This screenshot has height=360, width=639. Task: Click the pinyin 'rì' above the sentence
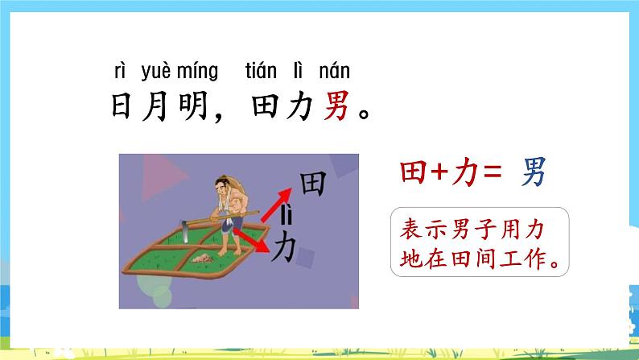[x=120, y=71]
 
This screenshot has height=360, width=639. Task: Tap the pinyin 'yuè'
[x=155, y=71]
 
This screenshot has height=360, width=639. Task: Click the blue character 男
[x=534, y=172]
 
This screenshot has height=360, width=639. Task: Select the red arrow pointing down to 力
[x=258, y=238]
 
